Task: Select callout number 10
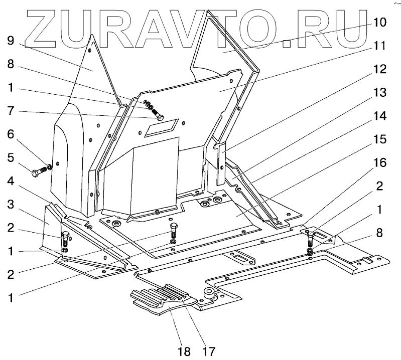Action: [x=379, y=23]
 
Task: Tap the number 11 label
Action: [x=379, y=46]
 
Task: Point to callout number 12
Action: [x=379, y=69]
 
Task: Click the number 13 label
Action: [x=379, y=92]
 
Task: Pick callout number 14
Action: [x=379, y=115]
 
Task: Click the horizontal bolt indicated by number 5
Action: [x=40, y=173]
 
